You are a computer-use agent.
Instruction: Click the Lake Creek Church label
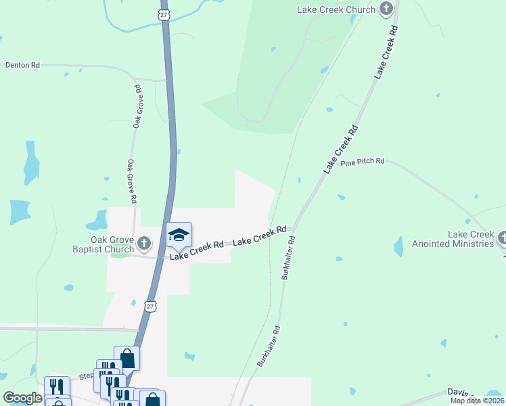[336, 9]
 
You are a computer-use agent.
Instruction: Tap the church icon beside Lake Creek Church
[386, 9]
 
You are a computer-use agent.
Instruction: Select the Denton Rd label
[22, 65]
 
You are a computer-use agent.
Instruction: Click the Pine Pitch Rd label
[363, 162]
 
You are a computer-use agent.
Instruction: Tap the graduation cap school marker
[179, 235]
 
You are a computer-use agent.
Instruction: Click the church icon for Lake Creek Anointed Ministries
[502, 238]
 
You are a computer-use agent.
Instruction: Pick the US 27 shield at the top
[164, 14]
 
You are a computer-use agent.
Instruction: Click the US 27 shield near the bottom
[150, 307]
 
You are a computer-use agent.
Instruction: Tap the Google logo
[23, 398]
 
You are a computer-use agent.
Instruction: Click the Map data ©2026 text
[477, 401]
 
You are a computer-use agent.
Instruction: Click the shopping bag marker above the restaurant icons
[127, 358]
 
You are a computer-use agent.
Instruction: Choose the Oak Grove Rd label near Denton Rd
[137, 106]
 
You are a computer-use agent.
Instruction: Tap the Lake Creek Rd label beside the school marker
[197, 249]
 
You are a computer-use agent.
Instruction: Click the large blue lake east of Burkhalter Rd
[398, 246]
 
